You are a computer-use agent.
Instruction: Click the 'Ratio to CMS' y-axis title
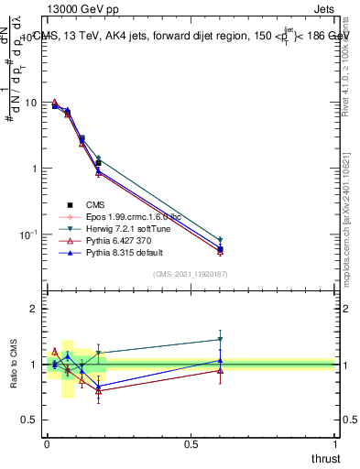tap(13, 365)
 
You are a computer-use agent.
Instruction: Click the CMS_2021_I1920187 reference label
tap(191, 274)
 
